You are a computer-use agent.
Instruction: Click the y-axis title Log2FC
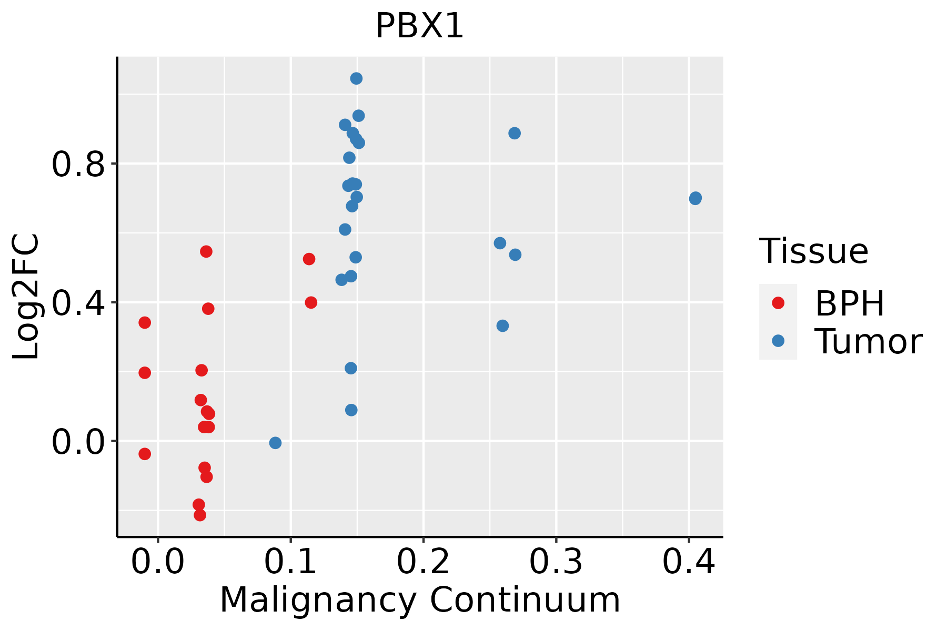(26, 297)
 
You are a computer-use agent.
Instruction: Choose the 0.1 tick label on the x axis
(290, 562)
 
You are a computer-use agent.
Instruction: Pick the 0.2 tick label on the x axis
(423, 562)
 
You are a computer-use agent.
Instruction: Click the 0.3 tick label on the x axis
(556, 562)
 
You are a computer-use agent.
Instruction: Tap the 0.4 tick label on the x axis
(688, 562)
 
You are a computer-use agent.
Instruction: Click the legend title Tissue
(814, 251)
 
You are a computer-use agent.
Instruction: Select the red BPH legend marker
(778, 303)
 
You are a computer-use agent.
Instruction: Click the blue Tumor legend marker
(778, 341)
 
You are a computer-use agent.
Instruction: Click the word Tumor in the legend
(868, 342)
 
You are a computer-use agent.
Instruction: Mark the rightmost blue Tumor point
(695, 198)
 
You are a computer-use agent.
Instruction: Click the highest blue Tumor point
(356, 78)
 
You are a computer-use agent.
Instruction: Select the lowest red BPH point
(200, 515)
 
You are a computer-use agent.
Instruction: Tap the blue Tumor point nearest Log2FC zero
(275, 443)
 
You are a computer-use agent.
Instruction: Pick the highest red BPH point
(206, 251)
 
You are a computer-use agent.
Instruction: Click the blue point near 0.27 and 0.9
(515, 133)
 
